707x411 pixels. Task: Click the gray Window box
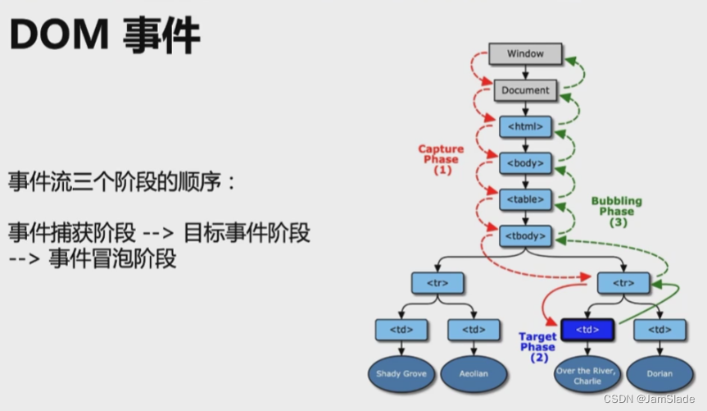pyautogui.click(x=525, y=54)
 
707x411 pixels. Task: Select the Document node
pyautogui.click(x=525, y=89)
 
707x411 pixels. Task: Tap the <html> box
pyautogui.click(x=525, y=126)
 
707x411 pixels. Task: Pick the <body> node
pyautogui.click(x=525, y=162)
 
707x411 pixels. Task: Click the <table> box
pyautogui.click(x=525, y=199)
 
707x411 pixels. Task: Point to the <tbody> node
pyautogui.click(x=525, y=236)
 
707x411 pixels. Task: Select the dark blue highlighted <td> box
pyautogui.click(x=587, y=330)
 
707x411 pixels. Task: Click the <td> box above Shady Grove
pyautogui.click(x=401, y=330)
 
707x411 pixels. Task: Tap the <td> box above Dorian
pyautogui.click(x=659, y=330)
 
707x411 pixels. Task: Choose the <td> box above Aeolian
pyautogui.click(x=474, y=330)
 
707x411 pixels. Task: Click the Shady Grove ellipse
pyautogui.click(x=401, y=374)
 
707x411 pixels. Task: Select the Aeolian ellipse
pyautogui.click(x=474, y=374)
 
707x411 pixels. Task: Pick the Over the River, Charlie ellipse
pyautogui.click(x=587, y=375)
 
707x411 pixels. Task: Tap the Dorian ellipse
pyautogui.click(x=659, y=374)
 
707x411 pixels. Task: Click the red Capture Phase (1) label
pyautogui.click(x=441, y=159)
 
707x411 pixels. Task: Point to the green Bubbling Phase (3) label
pyautogui.click(x=616, y=212)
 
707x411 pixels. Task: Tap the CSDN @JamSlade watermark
pyautogui.click(x=648, y=399)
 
